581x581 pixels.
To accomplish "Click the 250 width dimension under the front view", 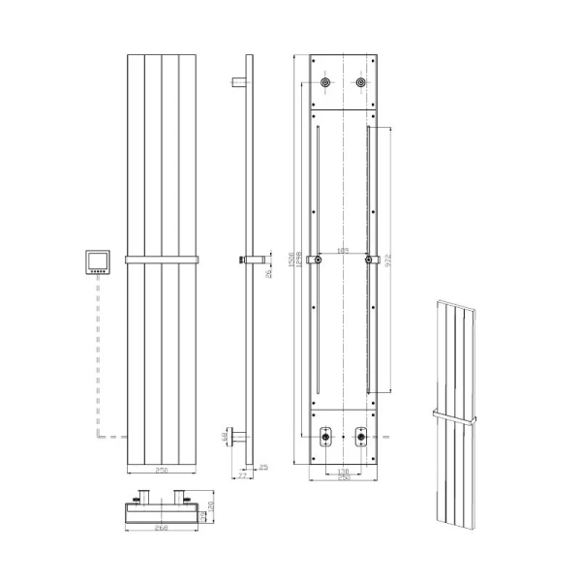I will click(x=161, y=471).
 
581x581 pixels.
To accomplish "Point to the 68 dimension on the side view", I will click(x=226, y=438).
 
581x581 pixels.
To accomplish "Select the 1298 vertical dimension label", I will click(x=298, y=261).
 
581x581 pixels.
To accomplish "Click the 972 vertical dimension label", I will click(x=390, y=260).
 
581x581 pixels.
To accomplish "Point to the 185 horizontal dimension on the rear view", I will click(x=343, y=252).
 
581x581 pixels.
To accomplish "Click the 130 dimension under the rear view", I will click(x=343, y=471).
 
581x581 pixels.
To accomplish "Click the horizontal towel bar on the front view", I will click(x=161, y=260).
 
